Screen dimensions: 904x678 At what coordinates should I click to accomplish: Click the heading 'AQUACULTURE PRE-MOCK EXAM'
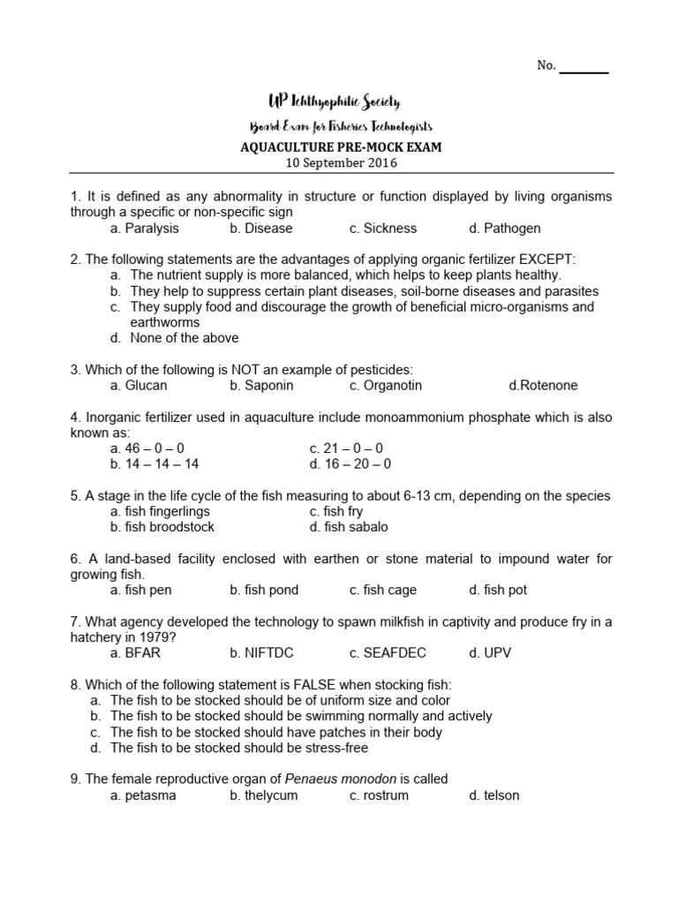(341, 147)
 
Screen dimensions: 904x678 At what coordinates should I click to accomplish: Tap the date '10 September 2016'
(341, 162)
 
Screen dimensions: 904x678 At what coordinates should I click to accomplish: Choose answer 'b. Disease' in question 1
(260, 229)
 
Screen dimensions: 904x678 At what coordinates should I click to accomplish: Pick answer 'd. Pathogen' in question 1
(505, 229)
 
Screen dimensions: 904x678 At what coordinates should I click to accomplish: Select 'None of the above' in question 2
(184, 338)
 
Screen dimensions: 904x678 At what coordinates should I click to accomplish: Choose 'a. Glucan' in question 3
(139, 386)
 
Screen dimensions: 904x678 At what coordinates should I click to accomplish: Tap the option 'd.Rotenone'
(544, 386)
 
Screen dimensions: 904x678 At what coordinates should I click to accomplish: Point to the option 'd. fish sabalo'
(349, 527)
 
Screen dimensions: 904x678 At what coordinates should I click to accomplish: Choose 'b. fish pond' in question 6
(264, 590)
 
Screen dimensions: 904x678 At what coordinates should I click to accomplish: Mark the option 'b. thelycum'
(264, 795)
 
